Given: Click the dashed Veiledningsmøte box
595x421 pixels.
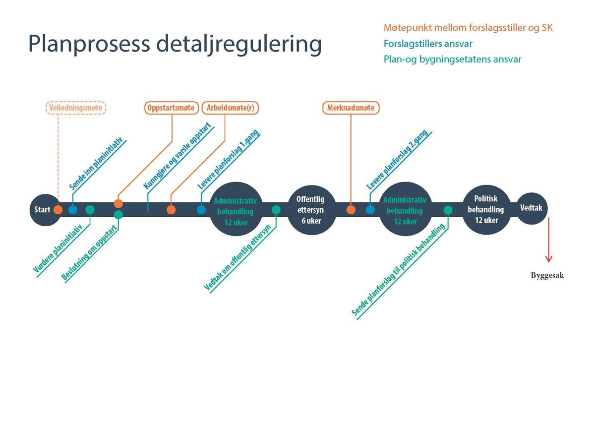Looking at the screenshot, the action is click(x=76, y=108).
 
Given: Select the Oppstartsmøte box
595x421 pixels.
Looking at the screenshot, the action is click(x=172, y=108).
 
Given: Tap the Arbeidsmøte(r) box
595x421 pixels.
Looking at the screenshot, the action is click(x=230, y=108).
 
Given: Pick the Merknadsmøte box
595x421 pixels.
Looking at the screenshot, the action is click(x=351, y=108).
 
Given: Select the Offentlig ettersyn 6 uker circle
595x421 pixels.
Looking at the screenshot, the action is click(x=311, y=210).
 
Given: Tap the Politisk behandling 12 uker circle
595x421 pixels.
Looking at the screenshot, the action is click(x=486, y=210).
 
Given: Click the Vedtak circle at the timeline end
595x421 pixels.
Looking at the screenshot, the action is click(x=532, y=208).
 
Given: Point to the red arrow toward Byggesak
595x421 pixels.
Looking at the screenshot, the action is click(x=549, y=240).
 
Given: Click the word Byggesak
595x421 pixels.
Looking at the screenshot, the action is click(x=547, y=275).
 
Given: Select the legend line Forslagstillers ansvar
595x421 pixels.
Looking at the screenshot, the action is click(x=428, y=44).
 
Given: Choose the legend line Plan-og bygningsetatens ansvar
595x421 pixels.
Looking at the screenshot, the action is click(x=453, y=59).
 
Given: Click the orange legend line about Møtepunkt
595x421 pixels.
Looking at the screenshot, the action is click(x=468, y=28).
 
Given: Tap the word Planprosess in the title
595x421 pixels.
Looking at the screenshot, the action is click(x=89, y=44).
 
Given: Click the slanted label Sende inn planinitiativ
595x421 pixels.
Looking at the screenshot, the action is click(x=96, y=163).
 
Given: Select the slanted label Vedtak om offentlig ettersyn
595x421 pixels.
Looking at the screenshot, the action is click(x=238, y=257).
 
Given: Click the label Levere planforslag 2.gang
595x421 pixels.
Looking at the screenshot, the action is click(x=397, y=159).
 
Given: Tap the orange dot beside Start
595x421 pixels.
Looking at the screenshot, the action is click(x=58, y=210).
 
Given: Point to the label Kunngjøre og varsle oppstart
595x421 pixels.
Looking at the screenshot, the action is click(x=178, y=156).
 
